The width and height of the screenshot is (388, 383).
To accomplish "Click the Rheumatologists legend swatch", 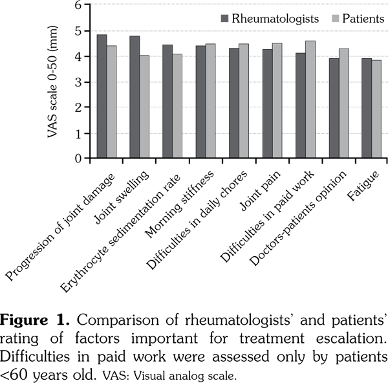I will [226, 18].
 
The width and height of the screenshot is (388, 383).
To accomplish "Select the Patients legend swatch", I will [329, 18].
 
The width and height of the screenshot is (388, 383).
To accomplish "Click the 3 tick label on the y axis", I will [78, 82].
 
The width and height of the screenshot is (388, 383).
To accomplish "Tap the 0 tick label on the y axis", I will [78, 158].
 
